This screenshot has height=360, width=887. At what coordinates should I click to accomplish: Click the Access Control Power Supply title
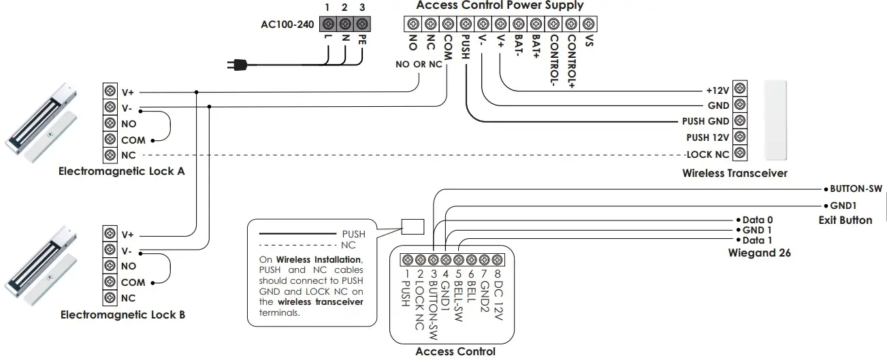500,5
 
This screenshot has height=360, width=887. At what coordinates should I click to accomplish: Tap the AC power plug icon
237,65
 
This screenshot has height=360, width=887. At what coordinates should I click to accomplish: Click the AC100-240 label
287,24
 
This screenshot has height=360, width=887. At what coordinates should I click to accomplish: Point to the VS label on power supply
590,41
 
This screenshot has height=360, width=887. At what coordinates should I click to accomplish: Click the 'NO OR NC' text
419,65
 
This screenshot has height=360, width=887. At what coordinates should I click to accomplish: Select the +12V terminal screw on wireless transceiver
740,90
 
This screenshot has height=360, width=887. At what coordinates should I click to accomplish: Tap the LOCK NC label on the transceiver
707,154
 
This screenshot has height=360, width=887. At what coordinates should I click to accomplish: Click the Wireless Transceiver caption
735,174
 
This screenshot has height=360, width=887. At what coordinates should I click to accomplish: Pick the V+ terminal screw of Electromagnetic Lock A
110,92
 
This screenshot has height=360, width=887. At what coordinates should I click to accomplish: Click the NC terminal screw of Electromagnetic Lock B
110,297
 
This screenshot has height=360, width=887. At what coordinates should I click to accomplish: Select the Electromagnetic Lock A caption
122,172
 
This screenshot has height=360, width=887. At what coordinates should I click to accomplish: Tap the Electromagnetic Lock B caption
123,315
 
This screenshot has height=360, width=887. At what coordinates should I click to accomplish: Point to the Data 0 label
758,220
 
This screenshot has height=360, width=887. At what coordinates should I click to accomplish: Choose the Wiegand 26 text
759,253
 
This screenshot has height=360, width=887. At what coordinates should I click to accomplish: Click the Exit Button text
845,220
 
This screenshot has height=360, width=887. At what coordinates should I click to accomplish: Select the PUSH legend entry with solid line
353,233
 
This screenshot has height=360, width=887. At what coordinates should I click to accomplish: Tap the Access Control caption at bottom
455,352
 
